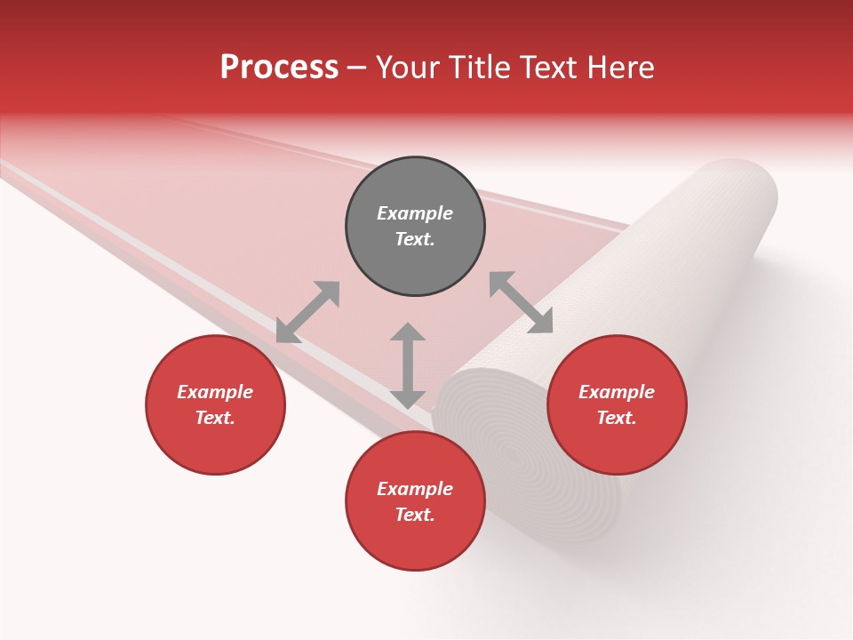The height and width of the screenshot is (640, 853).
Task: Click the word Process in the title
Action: coord(279,68)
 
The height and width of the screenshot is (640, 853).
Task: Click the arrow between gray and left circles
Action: coord(307,312)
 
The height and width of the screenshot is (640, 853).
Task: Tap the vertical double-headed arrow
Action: coord(408,365)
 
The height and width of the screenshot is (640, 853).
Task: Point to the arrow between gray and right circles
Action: coord(521,302)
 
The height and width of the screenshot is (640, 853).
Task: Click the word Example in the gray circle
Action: coord(415,213)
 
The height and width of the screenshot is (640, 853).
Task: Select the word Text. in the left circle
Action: coord(215,418)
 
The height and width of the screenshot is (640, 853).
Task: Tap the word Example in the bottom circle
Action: coord(415,489)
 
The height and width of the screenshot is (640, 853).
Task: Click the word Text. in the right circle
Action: coord(617,418)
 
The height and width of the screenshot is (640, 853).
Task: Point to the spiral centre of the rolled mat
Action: coord(514,456)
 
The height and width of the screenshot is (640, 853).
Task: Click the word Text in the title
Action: coord(548,68)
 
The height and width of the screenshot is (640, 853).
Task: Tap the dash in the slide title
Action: coord(357,68)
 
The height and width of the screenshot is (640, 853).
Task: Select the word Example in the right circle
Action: coord(617,392)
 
